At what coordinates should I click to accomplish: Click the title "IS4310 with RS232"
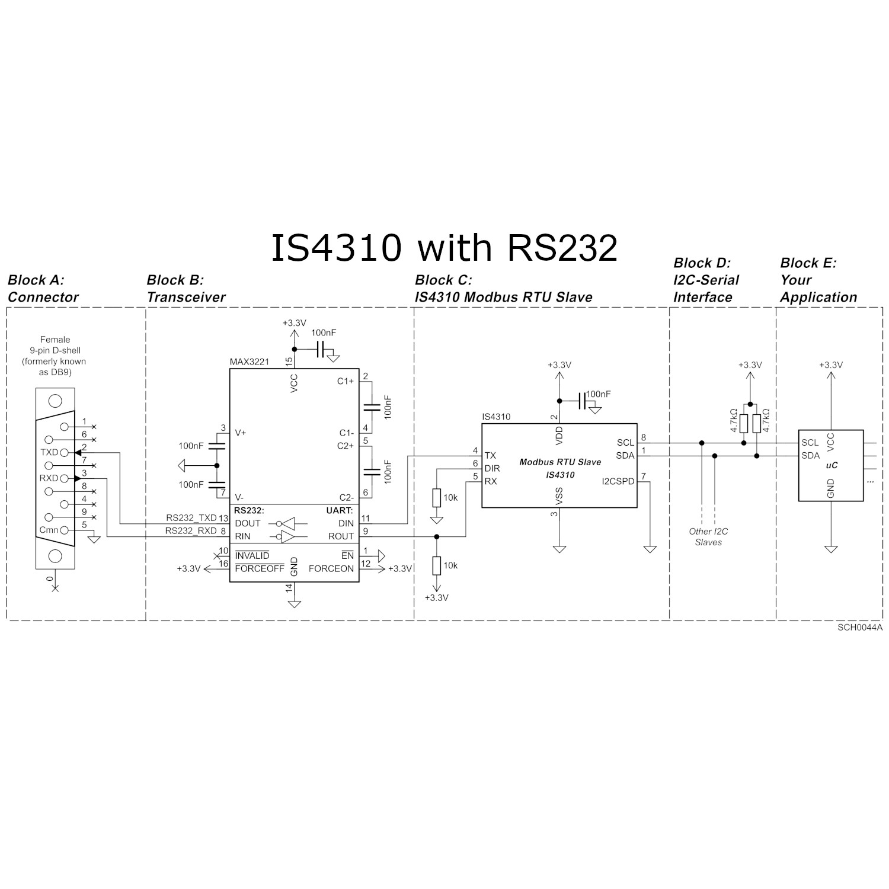pyautogui.click(x=444, y=247)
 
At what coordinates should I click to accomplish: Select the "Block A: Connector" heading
pyautogui.click(x=43, y=289)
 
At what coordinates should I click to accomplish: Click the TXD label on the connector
pyautogui.click(x=49, y=452)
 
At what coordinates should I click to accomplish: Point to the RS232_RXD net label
pyautogui.click(x=191, y=531)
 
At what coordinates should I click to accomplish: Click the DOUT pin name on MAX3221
pyautogui.click(x=248, y=523)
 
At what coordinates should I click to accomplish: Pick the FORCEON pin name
pyautogui.click(x=331, y=568)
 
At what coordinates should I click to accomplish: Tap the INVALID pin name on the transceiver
pyautogui.click(x=252, y=556)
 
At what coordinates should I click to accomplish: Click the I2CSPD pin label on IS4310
pyautogui.click(x=618, y=481)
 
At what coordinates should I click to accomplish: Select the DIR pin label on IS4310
pyautogui.click(x=492, y=468)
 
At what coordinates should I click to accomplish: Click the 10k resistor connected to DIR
pyautogui.click(x=437, y=498)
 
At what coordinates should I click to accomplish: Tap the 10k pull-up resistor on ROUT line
pyautogui.click(x=437, y=565)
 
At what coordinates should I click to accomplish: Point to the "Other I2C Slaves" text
pyautogui.click(x=708, y=537)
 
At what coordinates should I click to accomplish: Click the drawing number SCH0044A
pyautogui.click(x=860, y=627)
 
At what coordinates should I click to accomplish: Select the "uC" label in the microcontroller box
pyautogui.click(x=832, y=466)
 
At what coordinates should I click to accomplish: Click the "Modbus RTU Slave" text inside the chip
pyautogui.click(x=560, y=462)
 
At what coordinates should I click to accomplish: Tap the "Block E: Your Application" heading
pyautogui.click(x=818, y=280)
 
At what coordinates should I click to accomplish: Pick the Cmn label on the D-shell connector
pyautogui.click(x=49, y=530)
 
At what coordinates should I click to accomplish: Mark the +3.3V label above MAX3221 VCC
pyautogui.click(x=294, y=323)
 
